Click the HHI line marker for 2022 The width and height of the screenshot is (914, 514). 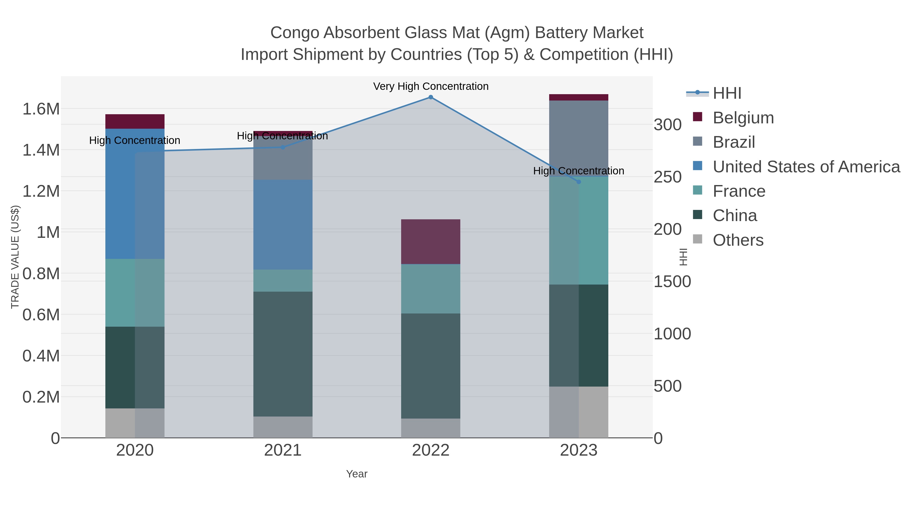(431, 97)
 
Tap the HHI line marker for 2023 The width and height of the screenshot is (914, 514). (579, 182)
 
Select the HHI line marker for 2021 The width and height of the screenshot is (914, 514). (283, 147)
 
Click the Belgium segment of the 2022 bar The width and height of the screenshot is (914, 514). (431, 242)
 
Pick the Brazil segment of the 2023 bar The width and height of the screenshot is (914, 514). (579, 138)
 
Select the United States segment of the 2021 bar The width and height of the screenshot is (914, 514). (283, 225)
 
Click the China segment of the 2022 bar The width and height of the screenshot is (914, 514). (431, 366)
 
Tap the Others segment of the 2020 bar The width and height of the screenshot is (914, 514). (135, 423)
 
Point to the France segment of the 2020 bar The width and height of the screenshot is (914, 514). (135, 293)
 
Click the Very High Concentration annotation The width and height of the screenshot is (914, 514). (431, 87)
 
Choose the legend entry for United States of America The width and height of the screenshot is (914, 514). (806, 167)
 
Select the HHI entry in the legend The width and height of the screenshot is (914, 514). (727, 93)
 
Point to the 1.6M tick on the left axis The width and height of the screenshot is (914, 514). (41, 109)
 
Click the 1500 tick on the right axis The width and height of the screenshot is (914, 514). (672, 282)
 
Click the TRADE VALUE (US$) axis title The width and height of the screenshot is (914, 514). (15, 257)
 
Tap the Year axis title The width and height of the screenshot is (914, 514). (357, 474)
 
